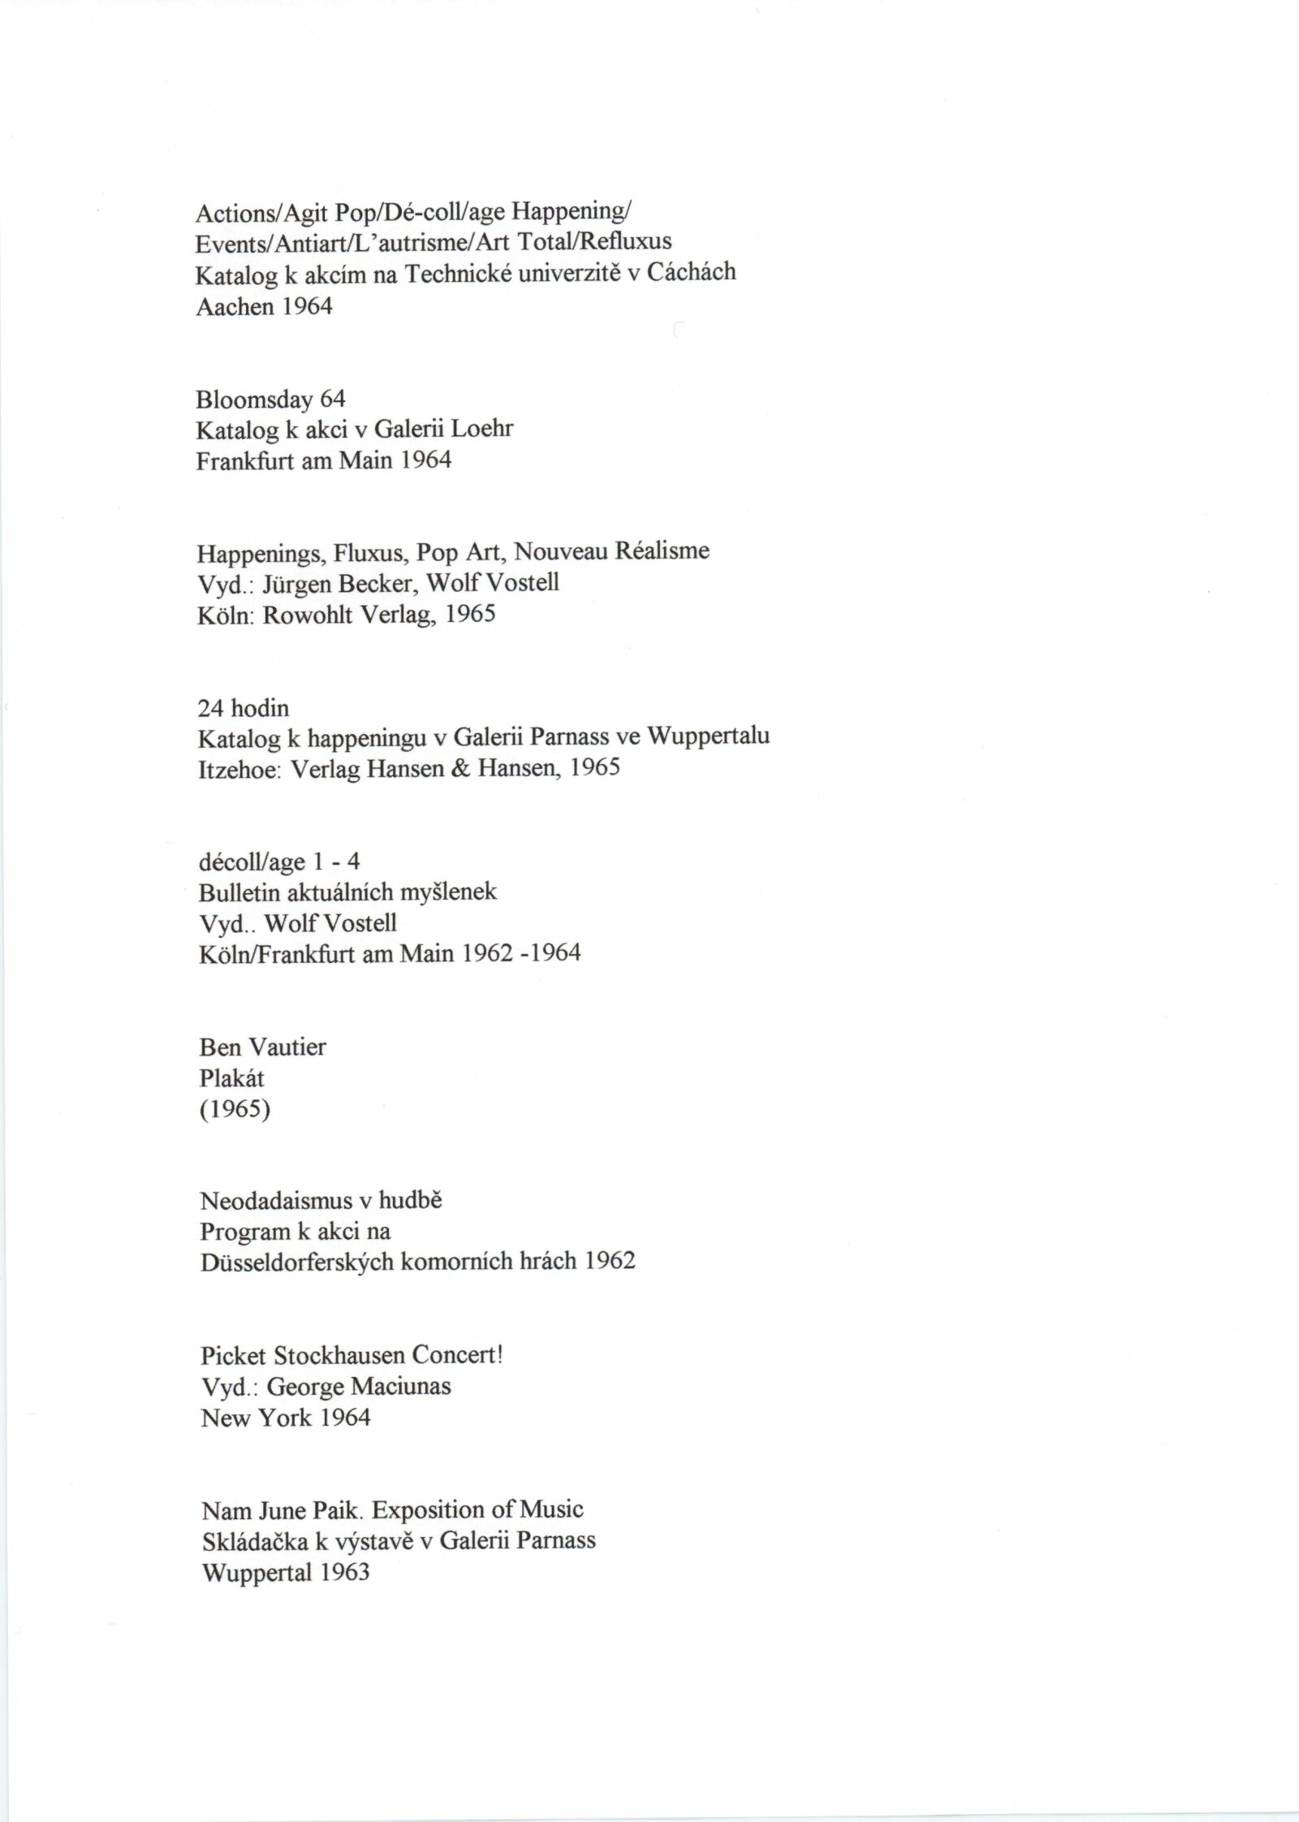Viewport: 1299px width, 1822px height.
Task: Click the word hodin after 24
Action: click(x=260, y=709)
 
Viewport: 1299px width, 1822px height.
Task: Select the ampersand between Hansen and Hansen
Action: click(x=461, y=768)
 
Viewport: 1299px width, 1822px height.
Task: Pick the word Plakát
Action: click(x=231, y=1079)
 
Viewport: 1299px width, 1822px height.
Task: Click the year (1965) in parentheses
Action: click(x=235, y=1110)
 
